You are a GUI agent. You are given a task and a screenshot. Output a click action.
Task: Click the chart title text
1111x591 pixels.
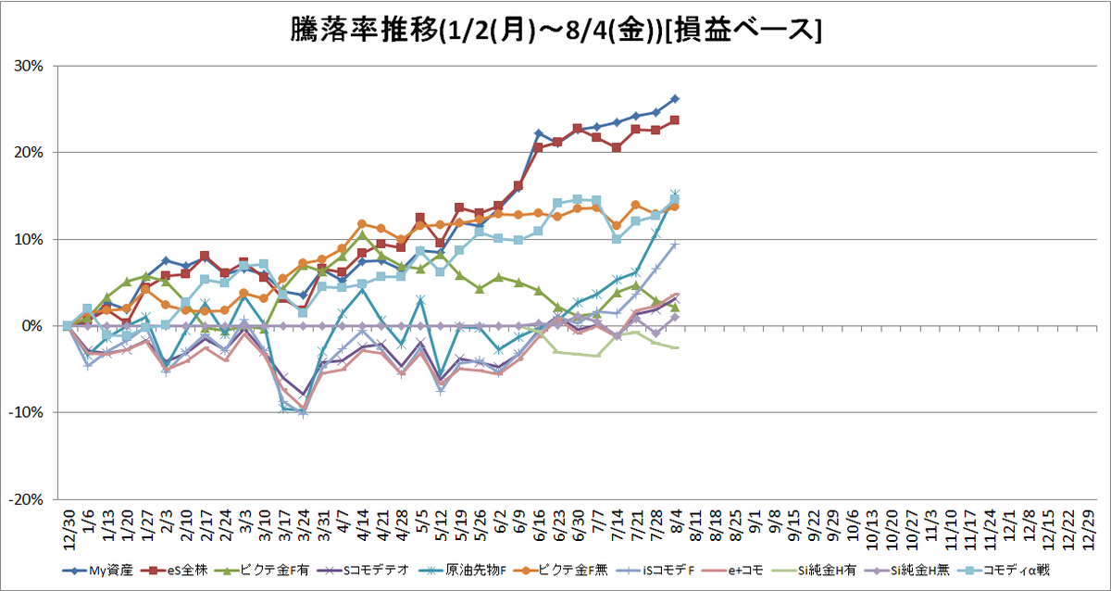[555, 31]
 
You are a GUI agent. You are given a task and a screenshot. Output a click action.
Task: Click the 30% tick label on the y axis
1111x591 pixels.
[29, 66]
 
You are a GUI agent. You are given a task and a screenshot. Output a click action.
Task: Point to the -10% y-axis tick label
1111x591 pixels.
[25, 412]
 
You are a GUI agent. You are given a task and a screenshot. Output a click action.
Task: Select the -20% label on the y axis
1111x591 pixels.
[25, 499]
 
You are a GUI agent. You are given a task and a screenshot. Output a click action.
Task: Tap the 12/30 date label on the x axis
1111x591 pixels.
[69, 531]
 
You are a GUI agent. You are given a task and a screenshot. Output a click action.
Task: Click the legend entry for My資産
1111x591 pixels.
[98, 571]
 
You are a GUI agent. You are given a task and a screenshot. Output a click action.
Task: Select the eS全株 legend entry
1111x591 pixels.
[175, 571]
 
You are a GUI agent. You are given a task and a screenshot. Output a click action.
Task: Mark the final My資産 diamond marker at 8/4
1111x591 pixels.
[675, 99]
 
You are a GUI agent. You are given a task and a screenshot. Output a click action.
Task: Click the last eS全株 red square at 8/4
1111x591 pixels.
[675, 120]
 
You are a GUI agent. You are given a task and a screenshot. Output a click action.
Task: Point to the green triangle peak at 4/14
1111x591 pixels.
[362, 233]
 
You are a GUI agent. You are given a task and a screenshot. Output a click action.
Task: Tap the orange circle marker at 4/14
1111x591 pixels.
[362, 224]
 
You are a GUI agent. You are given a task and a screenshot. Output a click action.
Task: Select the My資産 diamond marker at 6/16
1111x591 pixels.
[538, 133]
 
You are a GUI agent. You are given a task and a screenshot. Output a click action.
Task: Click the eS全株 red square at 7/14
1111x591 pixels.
[617, 147]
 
